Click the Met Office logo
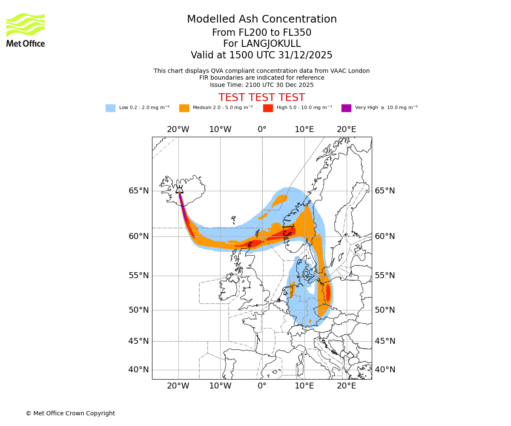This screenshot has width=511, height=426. pos(26,30)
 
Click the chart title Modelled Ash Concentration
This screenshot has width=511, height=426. pos(261,20)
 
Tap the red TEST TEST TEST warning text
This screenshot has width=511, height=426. pos(261,98)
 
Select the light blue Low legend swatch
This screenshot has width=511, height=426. pos(110,108)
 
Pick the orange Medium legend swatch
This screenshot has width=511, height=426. pos(184,108)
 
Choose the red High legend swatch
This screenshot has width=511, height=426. pos(268,108)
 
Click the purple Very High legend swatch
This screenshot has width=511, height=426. pos(346,108)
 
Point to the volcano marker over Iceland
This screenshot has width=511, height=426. pos(180,190)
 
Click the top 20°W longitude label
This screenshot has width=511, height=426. pos(178,130)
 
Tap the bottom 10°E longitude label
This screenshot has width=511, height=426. pos(304,386)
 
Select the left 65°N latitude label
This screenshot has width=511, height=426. pos(139,191)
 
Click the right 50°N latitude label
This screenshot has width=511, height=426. pos(385,310)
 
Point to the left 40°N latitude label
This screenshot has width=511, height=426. pos(139,370)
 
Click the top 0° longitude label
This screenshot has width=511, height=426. pos(262,130)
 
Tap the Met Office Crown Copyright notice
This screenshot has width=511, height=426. pos(70,413)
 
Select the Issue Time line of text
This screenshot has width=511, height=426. pos(261,85)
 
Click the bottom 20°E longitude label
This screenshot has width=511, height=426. pos(346,386)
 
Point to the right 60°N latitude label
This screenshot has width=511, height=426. pos(385,236)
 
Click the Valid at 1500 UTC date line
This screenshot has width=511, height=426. pos(261,55)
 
